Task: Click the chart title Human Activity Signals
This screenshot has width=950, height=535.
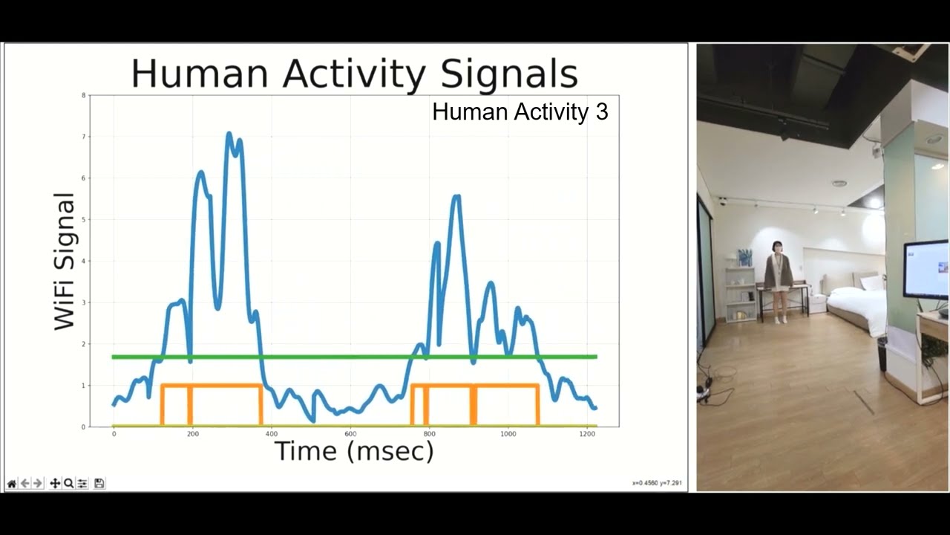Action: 354,74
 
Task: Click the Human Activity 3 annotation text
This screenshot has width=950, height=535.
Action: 520,112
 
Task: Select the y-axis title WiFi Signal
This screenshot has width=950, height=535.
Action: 65,261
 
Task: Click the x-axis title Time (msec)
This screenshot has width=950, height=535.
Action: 354,450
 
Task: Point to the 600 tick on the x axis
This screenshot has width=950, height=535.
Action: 350,433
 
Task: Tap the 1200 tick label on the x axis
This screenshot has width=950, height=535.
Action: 587,433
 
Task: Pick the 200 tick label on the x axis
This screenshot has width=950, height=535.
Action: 192,433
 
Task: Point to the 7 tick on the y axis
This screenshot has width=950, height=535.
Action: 84,137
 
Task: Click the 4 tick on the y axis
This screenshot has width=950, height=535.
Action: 84,261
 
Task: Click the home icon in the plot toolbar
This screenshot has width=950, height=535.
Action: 11,484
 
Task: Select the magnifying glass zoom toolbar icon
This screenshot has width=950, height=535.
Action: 68,484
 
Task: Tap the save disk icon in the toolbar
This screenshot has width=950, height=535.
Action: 99,484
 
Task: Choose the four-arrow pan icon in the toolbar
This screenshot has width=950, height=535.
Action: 55,484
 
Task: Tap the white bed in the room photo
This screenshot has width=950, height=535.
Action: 857,305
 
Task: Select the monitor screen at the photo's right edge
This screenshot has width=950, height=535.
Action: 926,269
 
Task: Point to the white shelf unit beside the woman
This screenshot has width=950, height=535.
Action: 740,294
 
